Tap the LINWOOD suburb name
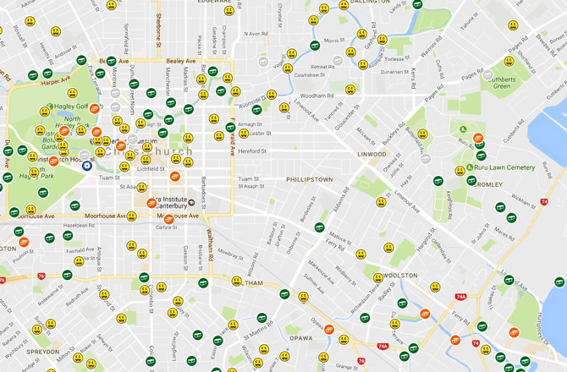click(371, 155)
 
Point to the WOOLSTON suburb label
click(399, 276)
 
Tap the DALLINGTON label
click(370, 3)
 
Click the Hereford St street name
click(252, 151)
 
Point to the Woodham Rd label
click(319, 96)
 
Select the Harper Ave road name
click(56, 82)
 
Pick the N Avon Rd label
click(256, 34)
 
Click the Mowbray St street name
click(229, 252)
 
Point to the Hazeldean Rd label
click(80, 226)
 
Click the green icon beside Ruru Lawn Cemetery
click(471, 168)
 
